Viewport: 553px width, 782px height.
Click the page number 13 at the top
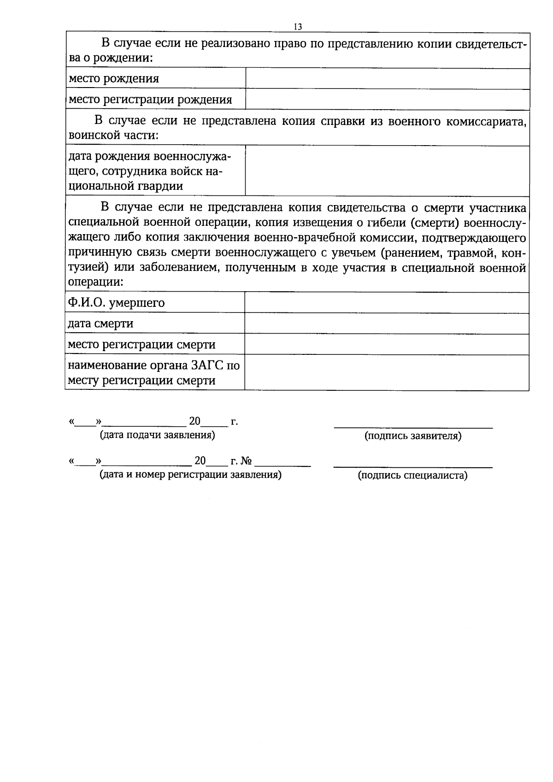(297, 27)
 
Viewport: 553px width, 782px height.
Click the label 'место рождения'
(114, 79)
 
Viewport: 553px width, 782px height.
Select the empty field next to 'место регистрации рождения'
(387, 100)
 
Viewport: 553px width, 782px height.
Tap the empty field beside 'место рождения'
(387, 79)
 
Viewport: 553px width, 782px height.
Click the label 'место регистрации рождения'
(150, 100)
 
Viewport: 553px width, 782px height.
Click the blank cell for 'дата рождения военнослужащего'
(387, 171)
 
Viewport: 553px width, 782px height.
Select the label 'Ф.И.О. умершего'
(116, 303)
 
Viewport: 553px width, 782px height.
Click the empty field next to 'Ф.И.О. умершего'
(386, 303)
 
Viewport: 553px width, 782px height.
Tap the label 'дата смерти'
(100, 323)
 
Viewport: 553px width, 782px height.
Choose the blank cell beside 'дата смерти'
(386, 323)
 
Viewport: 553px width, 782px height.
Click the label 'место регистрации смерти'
(141, 345)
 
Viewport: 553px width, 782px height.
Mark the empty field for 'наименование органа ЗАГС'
(386, 372)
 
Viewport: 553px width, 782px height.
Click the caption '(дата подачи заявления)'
(158, 435)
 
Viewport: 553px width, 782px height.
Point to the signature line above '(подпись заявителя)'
(413, 428)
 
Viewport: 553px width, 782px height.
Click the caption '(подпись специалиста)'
(412, 476)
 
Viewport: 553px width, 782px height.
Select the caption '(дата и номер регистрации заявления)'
(190, 475)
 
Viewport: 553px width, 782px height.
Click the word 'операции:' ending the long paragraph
(95, 282)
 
